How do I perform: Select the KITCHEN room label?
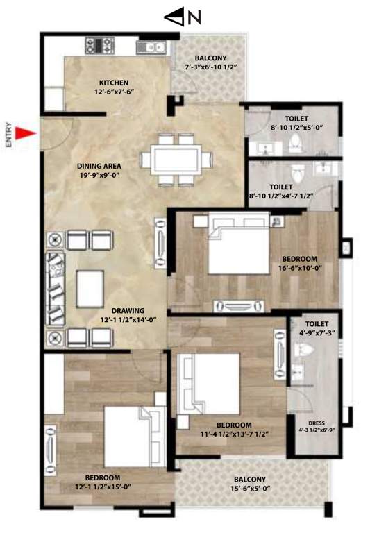[x=114, y=83]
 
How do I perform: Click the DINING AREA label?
[x=99, y=167]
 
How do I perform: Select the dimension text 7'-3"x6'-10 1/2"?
[x=212, y=67]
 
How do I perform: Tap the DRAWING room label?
[x=129, y=311]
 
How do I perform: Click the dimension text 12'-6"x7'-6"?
[x=114, y=92]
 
